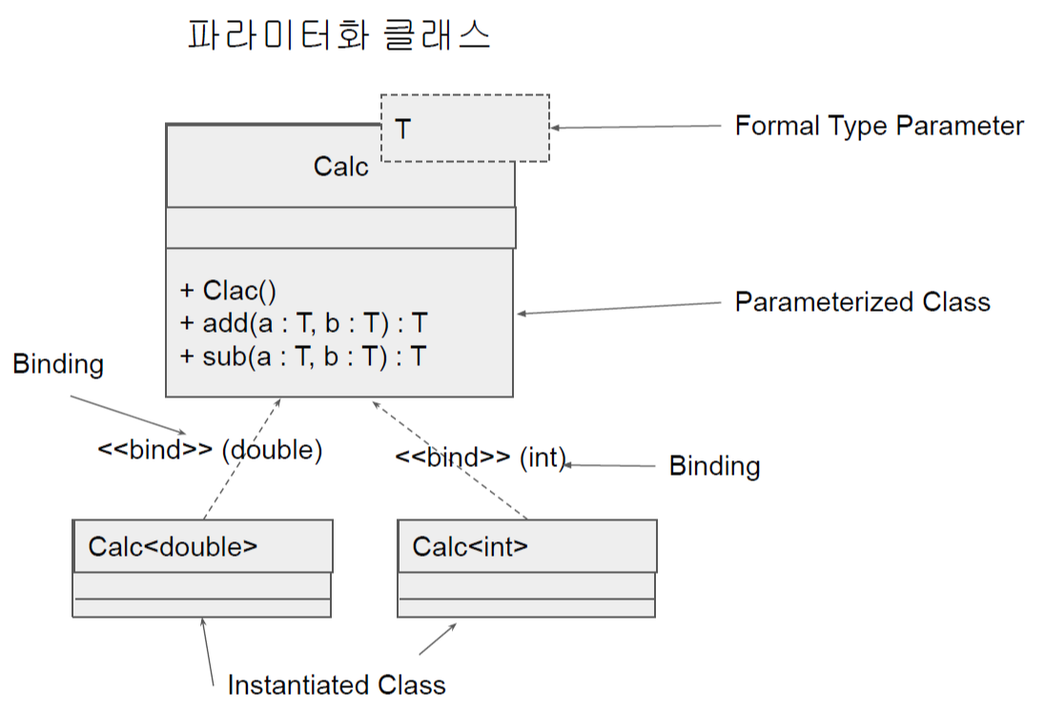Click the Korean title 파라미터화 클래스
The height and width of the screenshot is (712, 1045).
338,36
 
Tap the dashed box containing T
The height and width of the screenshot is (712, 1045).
465,128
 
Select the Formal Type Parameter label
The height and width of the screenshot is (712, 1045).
878,126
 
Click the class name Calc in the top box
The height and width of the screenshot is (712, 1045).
340,167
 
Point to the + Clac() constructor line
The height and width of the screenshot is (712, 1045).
228,292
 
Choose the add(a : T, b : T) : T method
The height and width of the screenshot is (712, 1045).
302,324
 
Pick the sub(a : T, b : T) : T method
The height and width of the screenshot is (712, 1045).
302,356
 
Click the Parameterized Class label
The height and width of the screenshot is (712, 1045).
862,302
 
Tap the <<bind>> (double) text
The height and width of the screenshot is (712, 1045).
210,450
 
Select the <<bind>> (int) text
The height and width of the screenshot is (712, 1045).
481,457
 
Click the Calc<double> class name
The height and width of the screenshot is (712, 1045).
173,546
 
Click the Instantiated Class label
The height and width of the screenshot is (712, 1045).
337,684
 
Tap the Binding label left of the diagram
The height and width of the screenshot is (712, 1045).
58,364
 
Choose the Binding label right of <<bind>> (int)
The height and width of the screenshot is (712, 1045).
714,466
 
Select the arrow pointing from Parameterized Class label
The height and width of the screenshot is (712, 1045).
620,308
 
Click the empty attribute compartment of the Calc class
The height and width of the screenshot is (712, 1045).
340,227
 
